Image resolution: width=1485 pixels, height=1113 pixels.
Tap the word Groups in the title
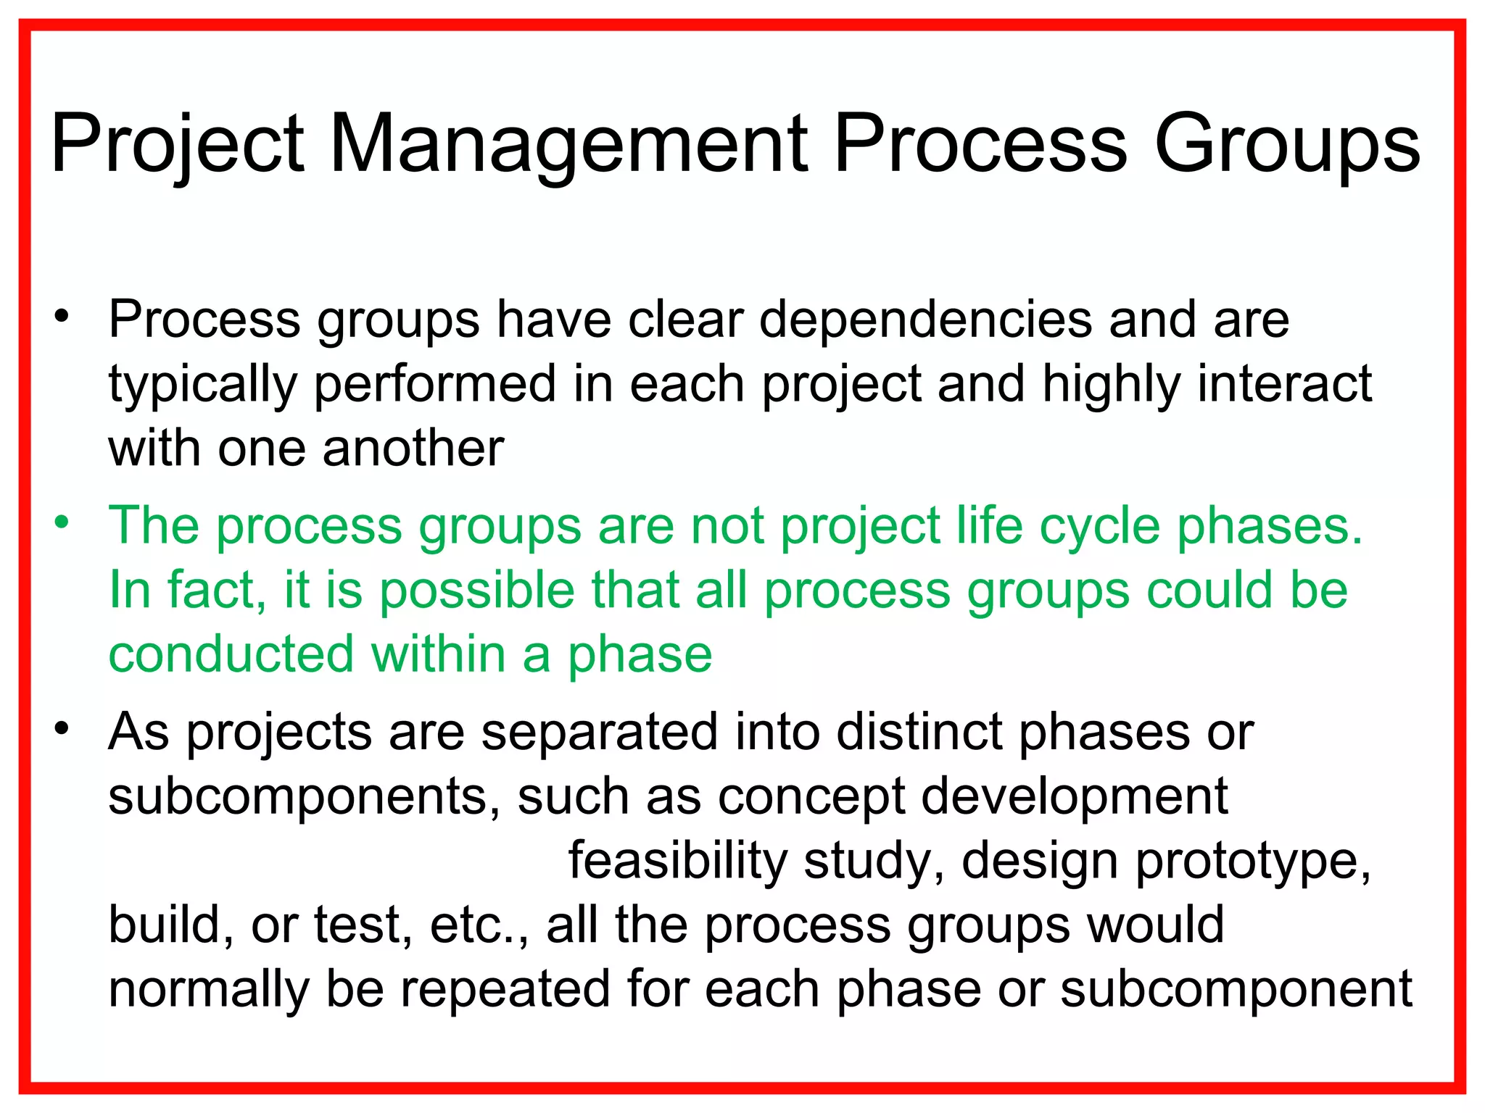1286,145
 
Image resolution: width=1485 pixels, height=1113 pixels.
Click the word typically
202,385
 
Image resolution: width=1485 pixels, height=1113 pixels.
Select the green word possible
477,590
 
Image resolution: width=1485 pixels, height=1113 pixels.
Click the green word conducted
231,654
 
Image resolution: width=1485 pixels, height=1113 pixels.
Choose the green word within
438,654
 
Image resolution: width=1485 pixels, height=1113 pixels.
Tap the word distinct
919,732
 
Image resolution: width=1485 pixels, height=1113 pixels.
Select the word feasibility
677,861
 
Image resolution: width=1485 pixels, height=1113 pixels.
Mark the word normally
208,991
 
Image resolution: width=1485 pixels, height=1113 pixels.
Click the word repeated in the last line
505,991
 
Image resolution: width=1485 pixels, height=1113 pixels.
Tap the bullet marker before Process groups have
62,316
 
